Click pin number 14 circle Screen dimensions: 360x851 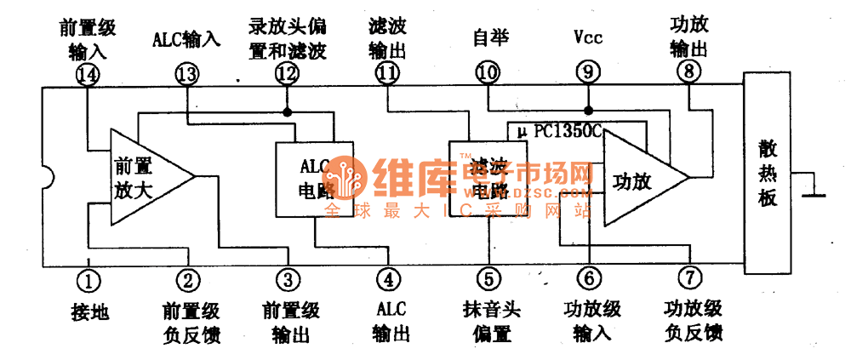(x=88, y=74)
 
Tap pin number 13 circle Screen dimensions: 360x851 (x=187, y=74)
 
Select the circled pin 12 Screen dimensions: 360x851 (x=287, y=74)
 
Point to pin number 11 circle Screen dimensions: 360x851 (x=387, y=74)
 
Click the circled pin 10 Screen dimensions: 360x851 (x=487, y=74)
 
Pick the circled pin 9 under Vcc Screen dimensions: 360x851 (x=587, y=74)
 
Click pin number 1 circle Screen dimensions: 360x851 (x=88, y=278)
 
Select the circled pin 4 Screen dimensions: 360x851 (x=388, y=278)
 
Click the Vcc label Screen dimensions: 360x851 (x=588, y=39)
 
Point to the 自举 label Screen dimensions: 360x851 (x=487, y=39)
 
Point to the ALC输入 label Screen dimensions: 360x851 (x=187, y=39)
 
